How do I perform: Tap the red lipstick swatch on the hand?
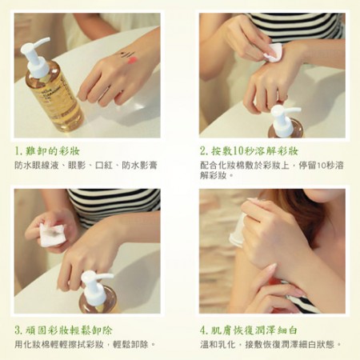(x=131, y=61)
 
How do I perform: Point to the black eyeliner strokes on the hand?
(x=124, y=54)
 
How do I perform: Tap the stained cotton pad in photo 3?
(x=52, y=234)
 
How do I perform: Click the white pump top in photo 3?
(x=95, y=286)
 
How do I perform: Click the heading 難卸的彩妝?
(x=52, y=151)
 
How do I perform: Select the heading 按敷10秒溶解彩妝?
(x=254, y=151)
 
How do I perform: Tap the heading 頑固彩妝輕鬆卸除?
(x=69, y=330)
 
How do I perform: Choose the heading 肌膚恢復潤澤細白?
(x=254, y=330)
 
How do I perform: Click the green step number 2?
(x=203, y=151)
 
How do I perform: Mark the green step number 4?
(x=203, y=330)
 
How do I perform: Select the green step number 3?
(x=18, y=330)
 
